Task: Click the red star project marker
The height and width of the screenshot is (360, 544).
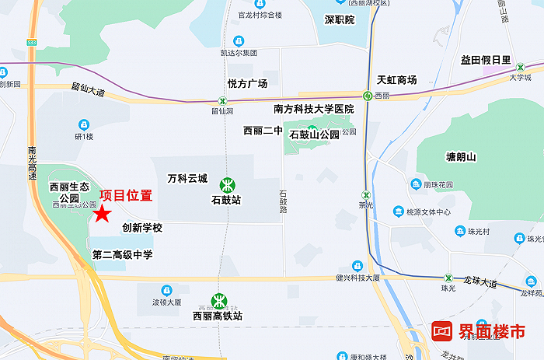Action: click(x=102, y=214)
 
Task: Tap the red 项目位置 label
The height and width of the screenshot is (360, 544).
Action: click(x=126, y=194)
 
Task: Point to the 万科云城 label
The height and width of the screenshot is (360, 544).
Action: click(x=187, y=178)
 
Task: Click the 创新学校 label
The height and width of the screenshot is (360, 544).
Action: click(x=142, y=228)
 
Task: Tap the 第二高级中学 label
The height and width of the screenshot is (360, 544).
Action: click(x=123, y=254)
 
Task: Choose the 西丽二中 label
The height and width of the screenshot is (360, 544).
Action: click(x=263, y=131)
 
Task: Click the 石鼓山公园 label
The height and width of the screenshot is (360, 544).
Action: click(x=315, y=135)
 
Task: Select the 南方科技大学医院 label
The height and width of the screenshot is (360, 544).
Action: click(x=314, y=109)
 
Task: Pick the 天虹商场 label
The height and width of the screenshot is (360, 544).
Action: click(x=396, y=80)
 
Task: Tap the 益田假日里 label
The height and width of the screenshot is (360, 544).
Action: click(x=486, y=60)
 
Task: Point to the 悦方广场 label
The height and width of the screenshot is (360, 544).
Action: click(x=247, y=83)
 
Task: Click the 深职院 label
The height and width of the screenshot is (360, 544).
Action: click(x=339, y=19)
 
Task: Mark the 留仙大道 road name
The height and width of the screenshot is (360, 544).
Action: click(x=87, y=91)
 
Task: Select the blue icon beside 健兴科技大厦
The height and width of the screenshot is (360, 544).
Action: click(x=357, y=265)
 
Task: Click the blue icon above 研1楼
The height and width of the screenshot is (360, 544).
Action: click(x=84, y=124)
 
